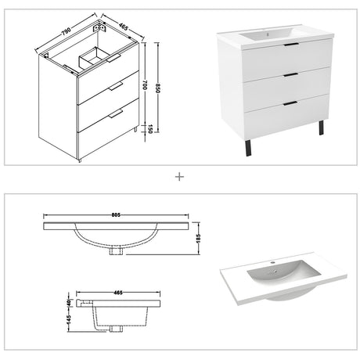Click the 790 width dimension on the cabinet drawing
coord(67,31)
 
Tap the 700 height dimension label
coord(146,85)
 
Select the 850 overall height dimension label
coord(158,88)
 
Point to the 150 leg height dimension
coord(149,129)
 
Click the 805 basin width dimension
coord(116,215)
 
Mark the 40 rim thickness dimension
coord(69,303)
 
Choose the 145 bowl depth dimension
coord(69,319)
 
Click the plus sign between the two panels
coord(180,177)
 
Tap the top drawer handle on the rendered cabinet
coord(291,45)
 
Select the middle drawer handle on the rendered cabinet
coord(290,75)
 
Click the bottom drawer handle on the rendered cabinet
coord(290,103)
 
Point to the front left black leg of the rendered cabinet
coord(248,148)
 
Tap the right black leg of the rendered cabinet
coord(321,128)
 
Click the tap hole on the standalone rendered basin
coord(272,263)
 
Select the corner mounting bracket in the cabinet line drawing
coord(99,27)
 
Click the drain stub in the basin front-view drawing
coord(117,250)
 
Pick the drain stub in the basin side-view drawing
coord(117,329)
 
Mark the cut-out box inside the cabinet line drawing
coord(94,58)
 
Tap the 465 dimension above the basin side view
coord(118,293)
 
